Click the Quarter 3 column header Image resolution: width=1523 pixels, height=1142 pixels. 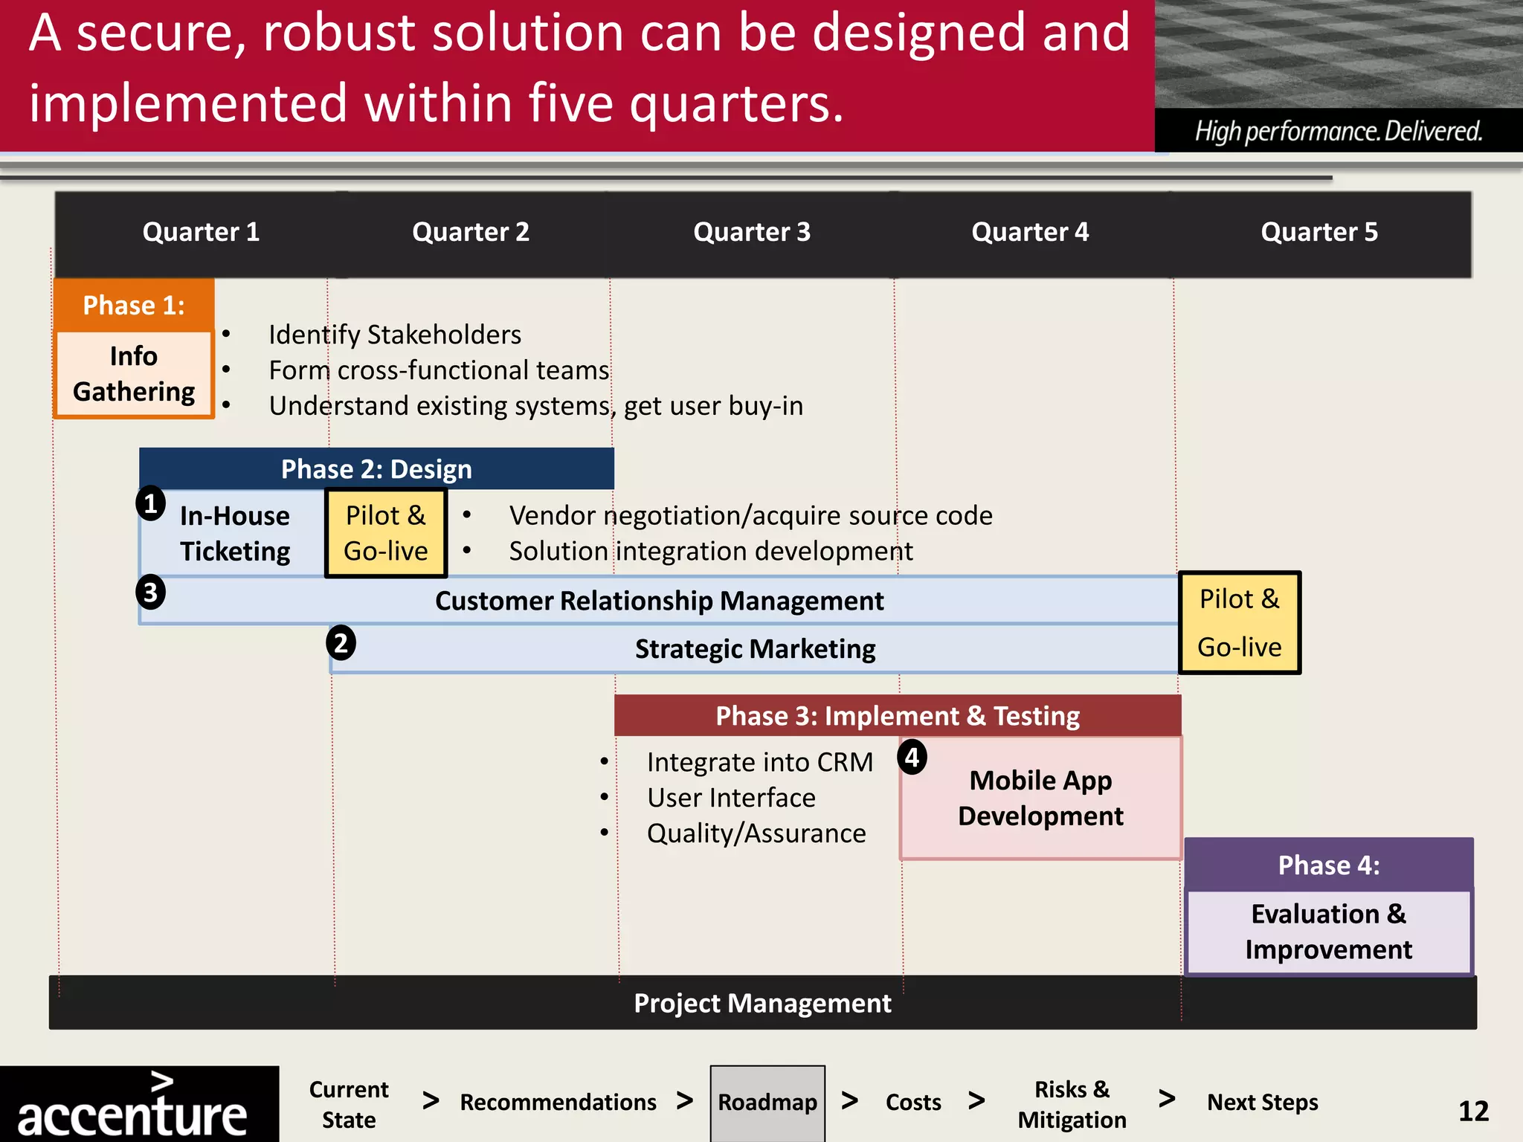pos(751,232)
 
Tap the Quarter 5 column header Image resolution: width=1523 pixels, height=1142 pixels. pos(1318,232)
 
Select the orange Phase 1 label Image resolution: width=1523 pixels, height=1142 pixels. pos(134,306)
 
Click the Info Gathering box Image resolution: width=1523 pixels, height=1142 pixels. pos(134,374)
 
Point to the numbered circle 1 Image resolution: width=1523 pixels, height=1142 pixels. pos(150,504)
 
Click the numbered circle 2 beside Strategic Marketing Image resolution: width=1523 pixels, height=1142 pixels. pos(341,643)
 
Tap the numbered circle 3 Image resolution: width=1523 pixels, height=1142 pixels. pos(150,593)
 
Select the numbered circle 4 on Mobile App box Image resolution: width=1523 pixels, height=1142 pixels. pos(912,758)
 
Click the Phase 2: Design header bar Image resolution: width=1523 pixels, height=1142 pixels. pos(376,469)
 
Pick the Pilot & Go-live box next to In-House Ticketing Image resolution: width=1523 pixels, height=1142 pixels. pos(386,533)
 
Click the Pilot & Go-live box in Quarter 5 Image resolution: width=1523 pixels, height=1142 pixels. pos(1239,623)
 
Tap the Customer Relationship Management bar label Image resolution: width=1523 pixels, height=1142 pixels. pos(659,601)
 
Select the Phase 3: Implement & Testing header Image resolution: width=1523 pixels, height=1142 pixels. pos(897,716)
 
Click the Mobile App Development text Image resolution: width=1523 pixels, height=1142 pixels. pos(1040,798)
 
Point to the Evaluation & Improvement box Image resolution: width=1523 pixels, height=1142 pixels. pos(1328,932)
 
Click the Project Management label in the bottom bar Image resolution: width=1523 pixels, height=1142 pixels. pos(761,1003)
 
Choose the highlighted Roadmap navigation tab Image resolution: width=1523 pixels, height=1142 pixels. pos(767,1102)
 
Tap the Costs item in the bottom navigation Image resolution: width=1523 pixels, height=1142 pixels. pos(913,1102)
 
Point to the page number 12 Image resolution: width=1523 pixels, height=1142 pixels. pos(1473,1112)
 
